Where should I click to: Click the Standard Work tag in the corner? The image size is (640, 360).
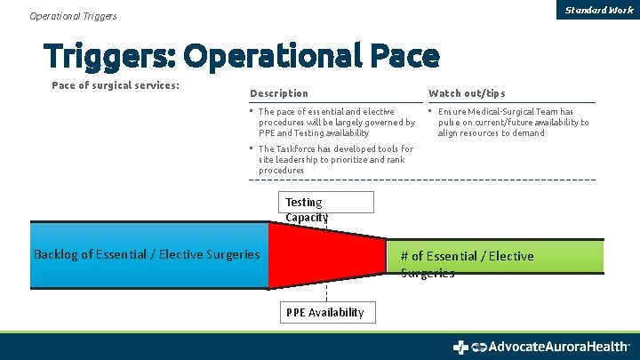599,10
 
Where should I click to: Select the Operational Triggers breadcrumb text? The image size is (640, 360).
73,16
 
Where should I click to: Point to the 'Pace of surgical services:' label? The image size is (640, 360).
116,85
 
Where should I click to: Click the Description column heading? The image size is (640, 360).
279,93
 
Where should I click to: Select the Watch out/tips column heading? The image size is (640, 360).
466,93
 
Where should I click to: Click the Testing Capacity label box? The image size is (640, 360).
326,203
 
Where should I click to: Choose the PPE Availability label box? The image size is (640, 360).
325,312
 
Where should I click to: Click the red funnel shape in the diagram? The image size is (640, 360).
320,255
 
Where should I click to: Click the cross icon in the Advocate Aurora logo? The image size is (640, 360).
460,347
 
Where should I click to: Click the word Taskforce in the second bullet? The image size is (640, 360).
295,149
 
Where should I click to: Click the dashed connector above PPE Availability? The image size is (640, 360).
326,294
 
